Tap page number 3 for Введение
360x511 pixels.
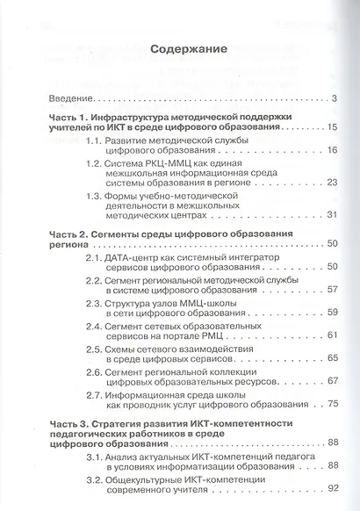[x=336, y=98]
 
